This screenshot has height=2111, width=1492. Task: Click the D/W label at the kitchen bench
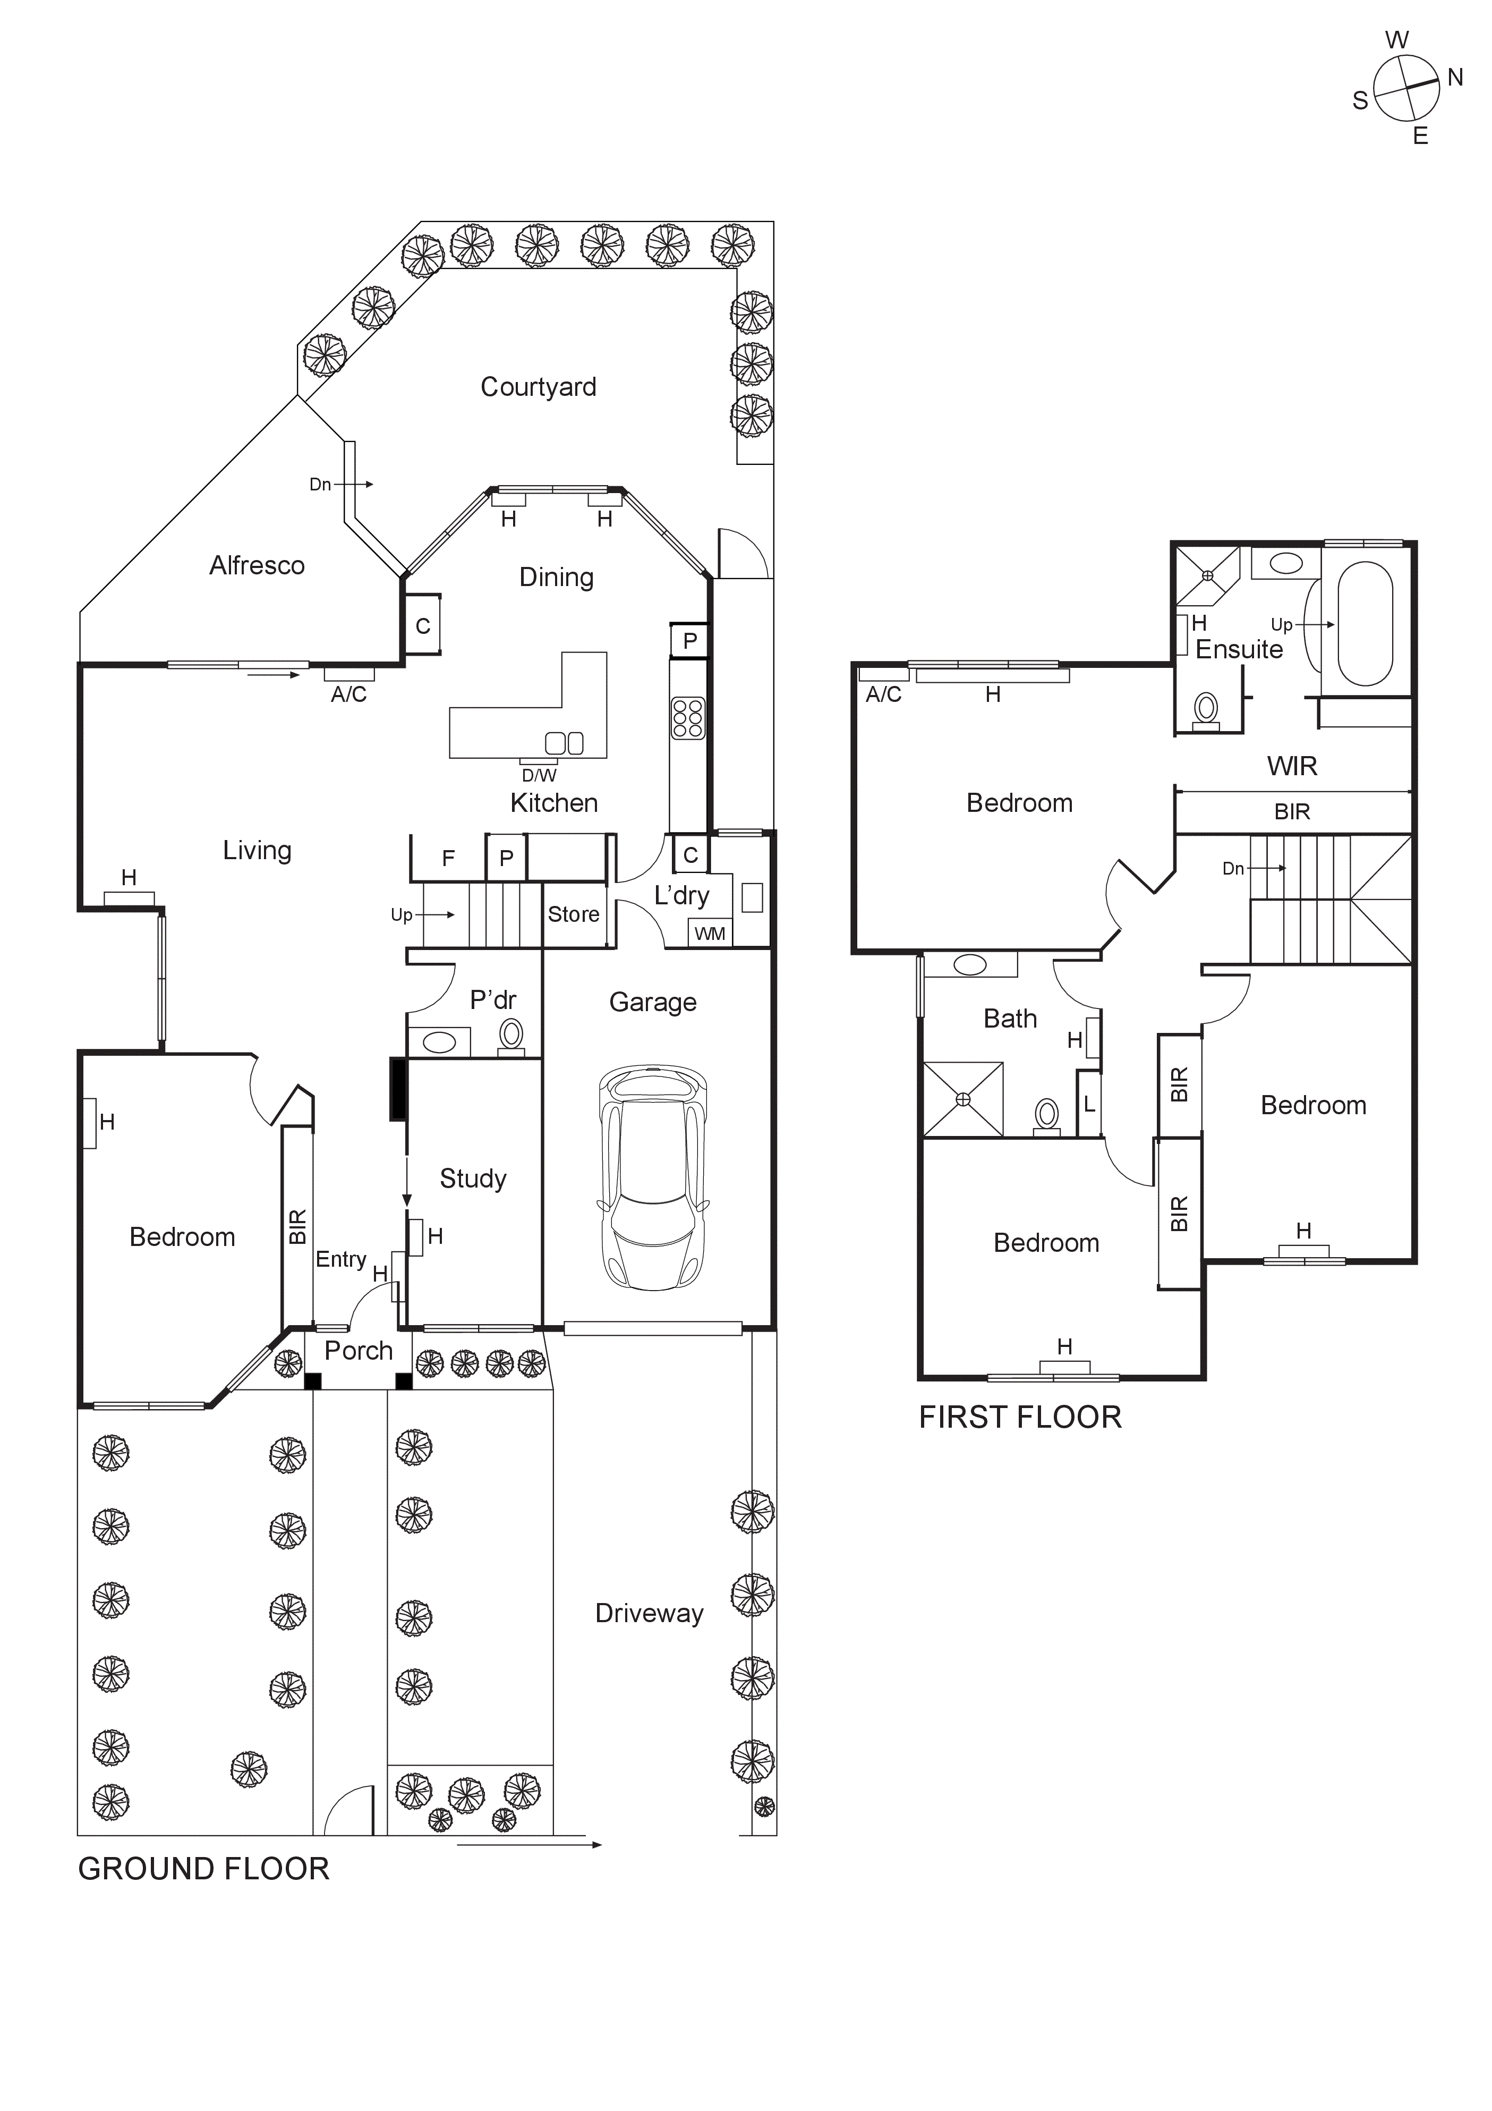pos(540,775)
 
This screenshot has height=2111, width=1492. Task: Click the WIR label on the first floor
pos(1292,766)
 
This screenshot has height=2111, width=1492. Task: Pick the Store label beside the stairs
pos(574,915)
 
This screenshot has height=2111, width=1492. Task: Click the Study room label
pos(473,1179)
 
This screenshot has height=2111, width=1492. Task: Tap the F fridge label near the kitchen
pos(449,859)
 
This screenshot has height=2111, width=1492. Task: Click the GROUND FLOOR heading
pos(203,1869)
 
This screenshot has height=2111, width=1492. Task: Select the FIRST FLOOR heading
pos(1020,1418)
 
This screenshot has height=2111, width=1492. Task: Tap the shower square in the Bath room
pos(962,1100)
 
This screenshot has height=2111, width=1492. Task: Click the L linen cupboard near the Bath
pos(1089,1104)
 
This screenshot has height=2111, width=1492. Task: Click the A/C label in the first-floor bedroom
pos(883,694)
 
